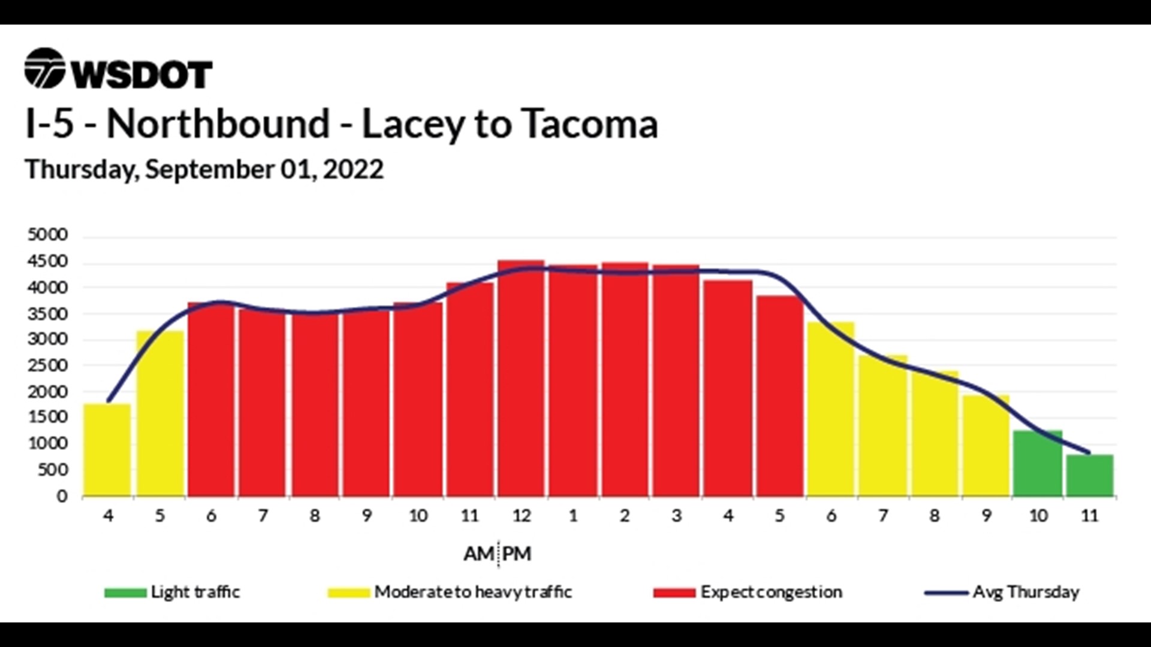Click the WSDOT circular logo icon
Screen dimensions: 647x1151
coord(44,68)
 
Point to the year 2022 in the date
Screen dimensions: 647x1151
coord(353,170)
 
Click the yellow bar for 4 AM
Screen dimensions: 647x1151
coord(107,450)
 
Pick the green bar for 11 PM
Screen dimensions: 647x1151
coord(1089,476)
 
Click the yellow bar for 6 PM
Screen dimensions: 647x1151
coord(831,410)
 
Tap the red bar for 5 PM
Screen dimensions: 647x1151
coord(779,396)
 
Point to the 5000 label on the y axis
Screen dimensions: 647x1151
coord(48,234)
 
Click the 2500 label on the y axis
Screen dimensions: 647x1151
coord(48,365)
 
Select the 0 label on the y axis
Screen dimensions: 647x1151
coord(62,496)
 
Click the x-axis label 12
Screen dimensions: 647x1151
coord(521,516)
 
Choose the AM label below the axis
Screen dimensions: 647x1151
coord(478,554)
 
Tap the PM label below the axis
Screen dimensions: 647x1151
coord(517,554)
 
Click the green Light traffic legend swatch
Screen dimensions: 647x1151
coord(125,593)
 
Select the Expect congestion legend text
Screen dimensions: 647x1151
coord(771,592)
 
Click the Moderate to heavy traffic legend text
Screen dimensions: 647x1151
coord(473,592)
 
